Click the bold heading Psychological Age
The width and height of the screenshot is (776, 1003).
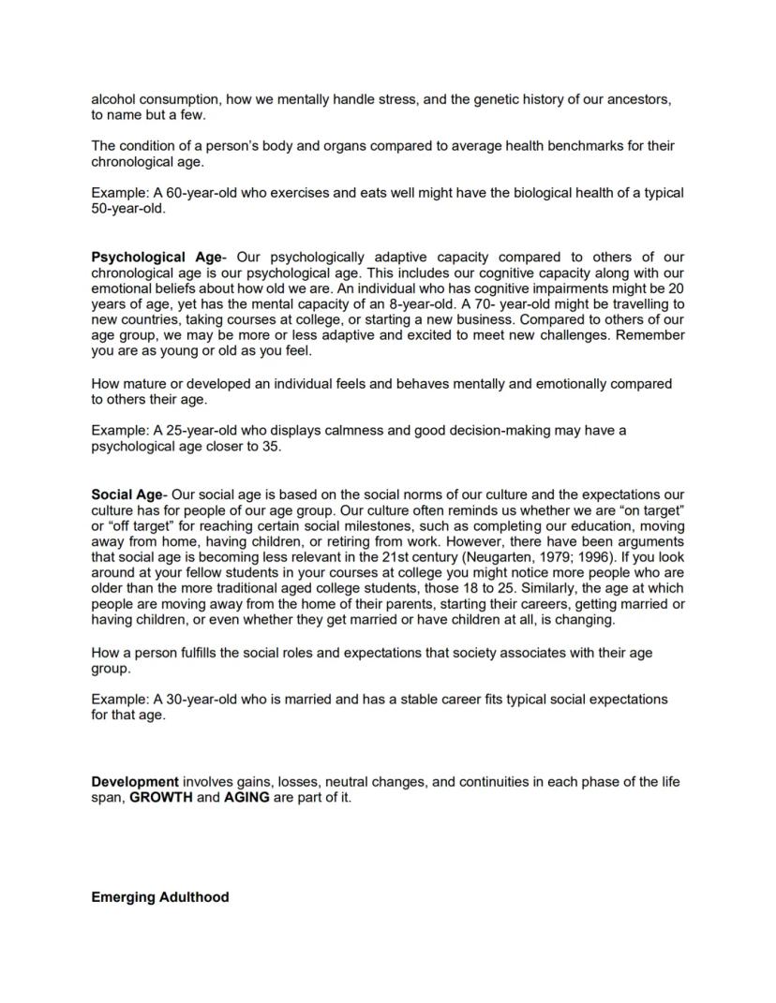pos(156,257)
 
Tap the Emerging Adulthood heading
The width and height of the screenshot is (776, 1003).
pos(160,896)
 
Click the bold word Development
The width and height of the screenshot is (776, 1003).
pos(135,781)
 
